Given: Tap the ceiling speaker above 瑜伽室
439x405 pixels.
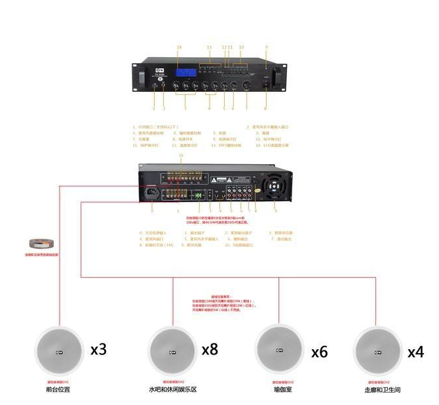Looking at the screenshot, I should click(280, 350).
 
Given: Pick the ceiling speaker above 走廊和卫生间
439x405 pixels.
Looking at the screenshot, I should click(377, 350).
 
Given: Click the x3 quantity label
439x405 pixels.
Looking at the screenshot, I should click(98, 349).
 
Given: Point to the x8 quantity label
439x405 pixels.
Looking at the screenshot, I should click(210, 349).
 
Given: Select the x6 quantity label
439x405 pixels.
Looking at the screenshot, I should click(319, 352).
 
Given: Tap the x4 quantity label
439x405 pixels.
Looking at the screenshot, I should click(415, 352).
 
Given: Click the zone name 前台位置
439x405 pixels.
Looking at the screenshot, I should click(58, 389).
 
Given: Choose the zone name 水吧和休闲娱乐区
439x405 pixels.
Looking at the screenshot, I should click(172, 389).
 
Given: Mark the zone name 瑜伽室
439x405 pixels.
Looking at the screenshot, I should click(280, 389).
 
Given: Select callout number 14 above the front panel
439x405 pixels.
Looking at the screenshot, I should click(179, 47).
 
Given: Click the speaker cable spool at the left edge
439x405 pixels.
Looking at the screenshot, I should click(37, 244).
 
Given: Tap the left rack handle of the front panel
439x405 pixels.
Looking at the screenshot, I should click(142, 77).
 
